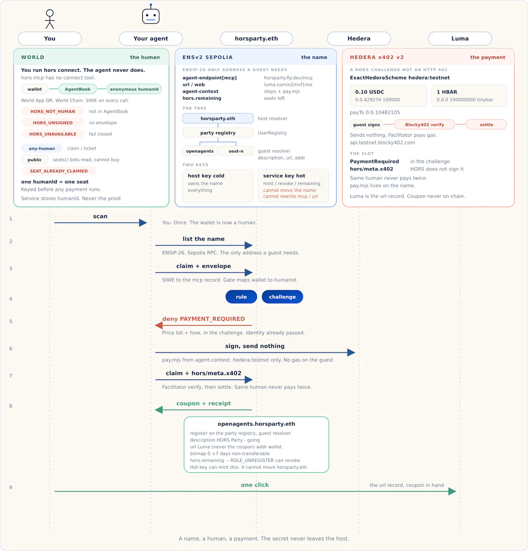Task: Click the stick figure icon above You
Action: click(x=50, y=19)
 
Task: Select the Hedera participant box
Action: click(x=359, y=39)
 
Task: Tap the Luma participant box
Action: click(x=460, y=39)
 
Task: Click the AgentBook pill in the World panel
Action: click(x=78, y=89)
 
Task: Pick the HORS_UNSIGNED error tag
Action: click(x=53, y=123)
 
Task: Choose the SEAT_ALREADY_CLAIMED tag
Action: click(x=59, y=171)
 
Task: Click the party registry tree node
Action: click(x=218, y=133)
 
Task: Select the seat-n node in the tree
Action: click(x=236, y=151)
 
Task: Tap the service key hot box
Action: click(x=293, y=186)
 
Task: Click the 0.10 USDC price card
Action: click(x=388, y=95)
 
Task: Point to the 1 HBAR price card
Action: click(x=469, y=95)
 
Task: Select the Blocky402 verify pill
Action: click(x=424, y=124)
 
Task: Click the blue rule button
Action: click(x=241, y=297)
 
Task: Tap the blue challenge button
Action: click(x=282, y=297)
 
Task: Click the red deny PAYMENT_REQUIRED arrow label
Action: click(x=204, y=319)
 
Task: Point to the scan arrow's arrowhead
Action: click(x=143, y=223)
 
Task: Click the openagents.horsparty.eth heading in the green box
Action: click(x=256, y=424)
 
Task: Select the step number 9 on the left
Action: click(x=11, y=487)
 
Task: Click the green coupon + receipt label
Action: click(x=204, y=403)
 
